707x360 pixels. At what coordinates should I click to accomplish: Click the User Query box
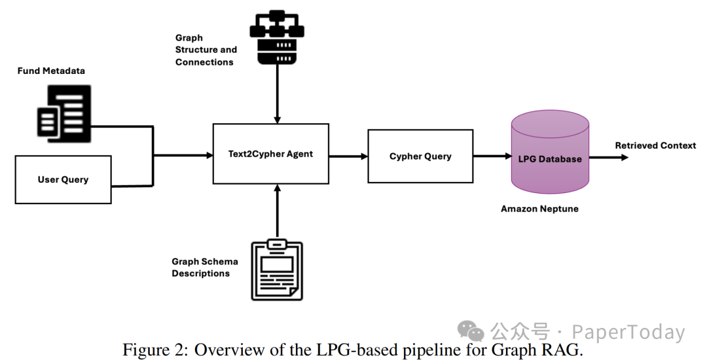(63, 179)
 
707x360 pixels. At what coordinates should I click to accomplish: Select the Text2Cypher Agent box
(271, 154)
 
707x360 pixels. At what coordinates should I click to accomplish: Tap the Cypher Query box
(420, 156)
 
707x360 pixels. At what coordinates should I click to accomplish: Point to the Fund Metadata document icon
(63, 113)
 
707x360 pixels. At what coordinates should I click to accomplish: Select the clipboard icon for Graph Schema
(278, 270)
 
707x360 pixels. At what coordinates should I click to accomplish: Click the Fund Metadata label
(51, 71)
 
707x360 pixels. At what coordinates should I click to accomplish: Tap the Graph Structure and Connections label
(206, 50)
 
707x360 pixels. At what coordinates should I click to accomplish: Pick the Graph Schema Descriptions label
(204, 267)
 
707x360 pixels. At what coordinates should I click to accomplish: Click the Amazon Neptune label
(539, 209)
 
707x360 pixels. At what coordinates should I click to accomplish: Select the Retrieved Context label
(655, 145)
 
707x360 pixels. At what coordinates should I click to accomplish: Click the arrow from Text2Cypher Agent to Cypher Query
(348, 156)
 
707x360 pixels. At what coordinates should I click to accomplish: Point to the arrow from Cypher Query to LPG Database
(492, 156)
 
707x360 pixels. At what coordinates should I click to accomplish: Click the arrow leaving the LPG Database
(608, 157)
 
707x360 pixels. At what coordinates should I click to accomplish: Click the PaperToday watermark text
(628, 332)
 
